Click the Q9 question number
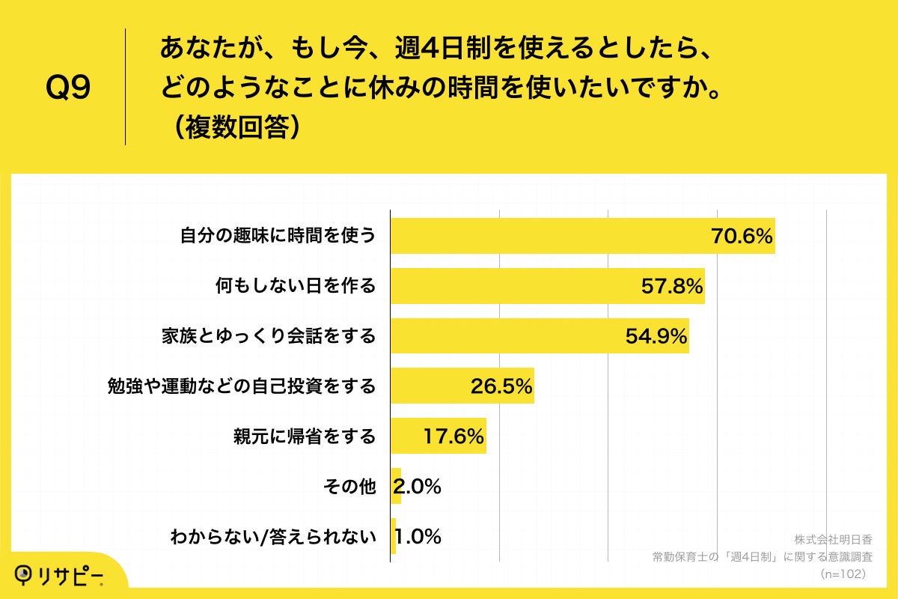[68, 88]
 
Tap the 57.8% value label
[672, 286]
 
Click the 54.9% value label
[656, 336]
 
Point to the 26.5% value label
[501, 386]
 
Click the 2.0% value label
[418, 486]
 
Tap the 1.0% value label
[418, 536]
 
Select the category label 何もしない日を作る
[295, 286]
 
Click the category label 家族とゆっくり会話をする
[269, 336]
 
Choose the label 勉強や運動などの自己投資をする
[242, 386]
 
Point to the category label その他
[349, 486]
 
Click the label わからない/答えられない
[272, 536]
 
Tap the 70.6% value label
[742, 237]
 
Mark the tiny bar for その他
[396, 486]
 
